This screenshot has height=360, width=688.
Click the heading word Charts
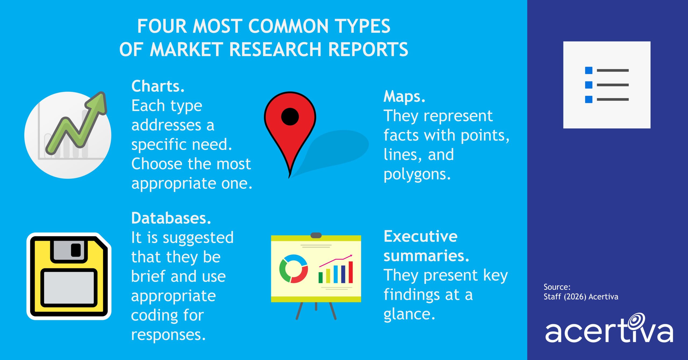158,87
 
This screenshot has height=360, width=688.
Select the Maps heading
404,96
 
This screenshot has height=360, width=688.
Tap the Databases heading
171,218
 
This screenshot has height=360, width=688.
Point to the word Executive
420,236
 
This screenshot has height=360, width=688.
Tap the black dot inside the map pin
290,117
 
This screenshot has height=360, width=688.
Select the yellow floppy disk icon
69,276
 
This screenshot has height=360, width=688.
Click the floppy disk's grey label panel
69,287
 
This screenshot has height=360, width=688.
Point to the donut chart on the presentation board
293,269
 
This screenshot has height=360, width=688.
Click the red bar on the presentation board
350,272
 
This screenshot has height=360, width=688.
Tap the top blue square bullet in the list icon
589,70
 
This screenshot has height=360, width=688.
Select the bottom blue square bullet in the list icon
589,99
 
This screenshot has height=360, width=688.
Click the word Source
556,287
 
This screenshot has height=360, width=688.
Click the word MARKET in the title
186,50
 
